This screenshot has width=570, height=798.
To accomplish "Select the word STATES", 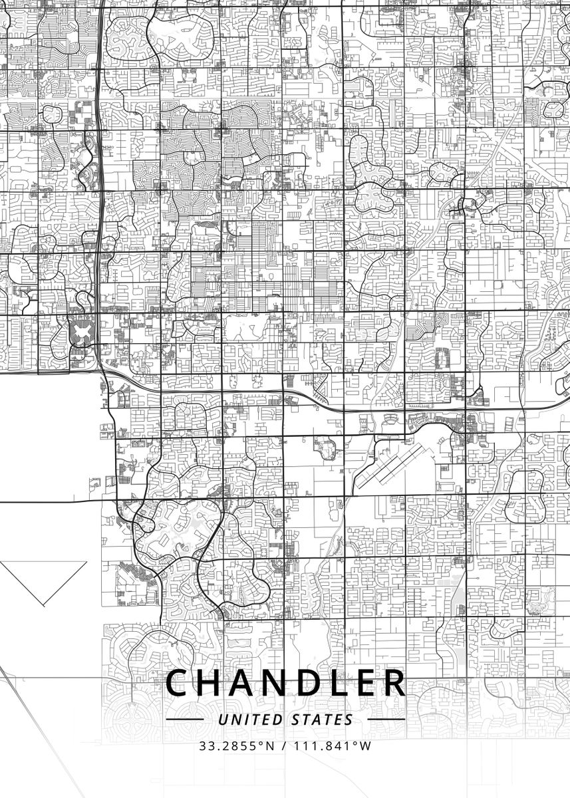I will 323,719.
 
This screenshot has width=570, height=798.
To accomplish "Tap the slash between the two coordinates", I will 284,745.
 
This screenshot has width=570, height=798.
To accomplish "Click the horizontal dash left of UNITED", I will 184,719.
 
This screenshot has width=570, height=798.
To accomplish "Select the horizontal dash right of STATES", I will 386,719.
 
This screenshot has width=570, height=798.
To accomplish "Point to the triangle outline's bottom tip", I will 43,604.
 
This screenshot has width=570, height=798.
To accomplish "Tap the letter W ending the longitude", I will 366,745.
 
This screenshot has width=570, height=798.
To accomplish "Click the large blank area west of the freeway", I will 47,432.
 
